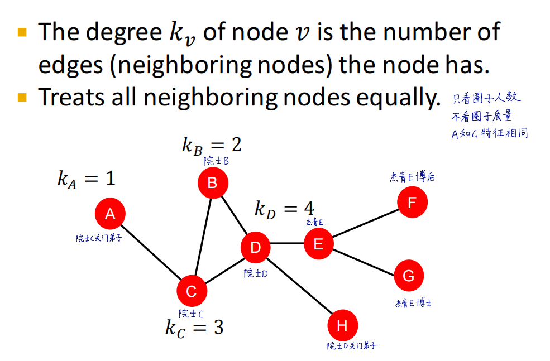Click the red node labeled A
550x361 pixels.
(110, 213)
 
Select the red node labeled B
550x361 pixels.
(212, 182)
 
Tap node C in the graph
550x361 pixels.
(192, 291)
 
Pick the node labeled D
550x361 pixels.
(255, 247)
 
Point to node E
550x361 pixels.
(318, 243)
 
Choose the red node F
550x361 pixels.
(412, 202)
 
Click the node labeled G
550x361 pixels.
(408, 276)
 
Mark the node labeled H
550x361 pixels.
(342, 325)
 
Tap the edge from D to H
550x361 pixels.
(299, 286)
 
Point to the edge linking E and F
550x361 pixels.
(365, 223)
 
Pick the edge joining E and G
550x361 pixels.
(363, 259)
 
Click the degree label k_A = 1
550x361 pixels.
(86, 179)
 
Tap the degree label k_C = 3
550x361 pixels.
(194, 327)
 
